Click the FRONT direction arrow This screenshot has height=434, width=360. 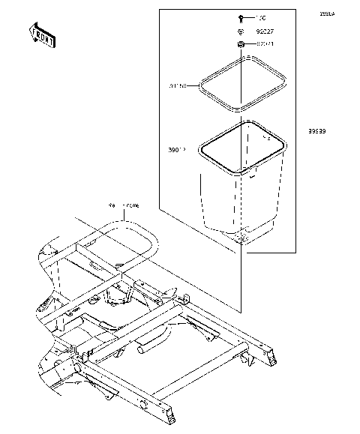pyautogui.click(x=42, y=35)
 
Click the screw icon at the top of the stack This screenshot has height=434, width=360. pyautogui.click(x=239, y=16)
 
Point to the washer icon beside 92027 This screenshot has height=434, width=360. pyautogui.click(x=238, y=31)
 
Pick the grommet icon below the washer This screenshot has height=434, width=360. pyautogui.click(x=240, y=46)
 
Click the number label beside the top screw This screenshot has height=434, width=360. pyautogui.click(x=261, y=16)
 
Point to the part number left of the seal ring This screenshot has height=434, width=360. pyautogui.click(x=177, y=85)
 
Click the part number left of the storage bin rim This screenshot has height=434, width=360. pyautogui.click(x=177, y=149)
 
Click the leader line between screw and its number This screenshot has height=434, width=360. pyautogui.click(x=250, y=16)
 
